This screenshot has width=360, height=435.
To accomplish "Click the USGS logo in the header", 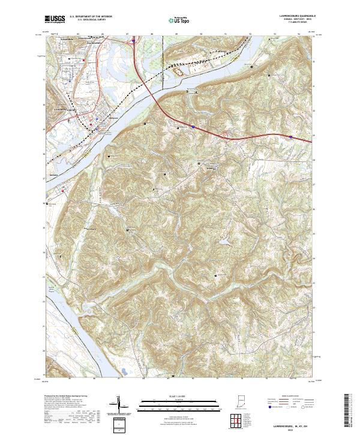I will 54,20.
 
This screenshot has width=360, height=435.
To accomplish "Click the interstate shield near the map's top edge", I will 133,42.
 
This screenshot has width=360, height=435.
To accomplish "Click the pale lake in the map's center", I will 223,242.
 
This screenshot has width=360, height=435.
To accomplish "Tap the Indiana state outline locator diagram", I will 241,401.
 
